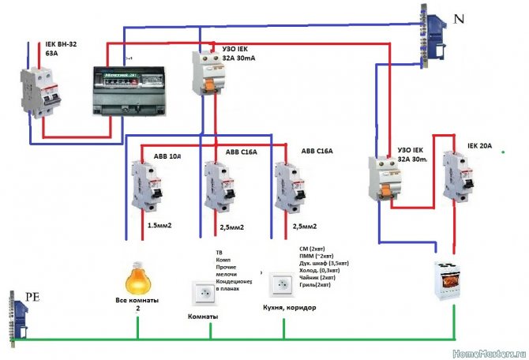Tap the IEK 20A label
point(479,145)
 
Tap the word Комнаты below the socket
point(202,316)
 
